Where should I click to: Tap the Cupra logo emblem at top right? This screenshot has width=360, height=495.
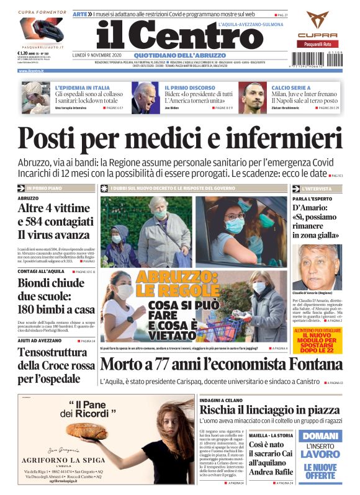pyautogui.click(x=317, y=20)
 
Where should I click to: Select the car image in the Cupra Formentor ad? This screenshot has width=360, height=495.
pyautogui.click(x=41, y=29)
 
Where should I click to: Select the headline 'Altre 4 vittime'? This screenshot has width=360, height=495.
pyautogui.click(x=52, y=208)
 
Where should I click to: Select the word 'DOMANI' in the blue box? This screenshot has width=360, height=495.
pyautogui.click(x=320, y=436)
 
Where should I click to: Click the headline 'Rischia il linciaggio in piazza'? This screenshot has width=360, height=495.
pyautogui.click(x=270, y=409)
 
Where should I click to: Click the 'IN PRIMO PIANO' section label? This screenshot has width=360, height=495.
pyautogui.click(x=45, y=187)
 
